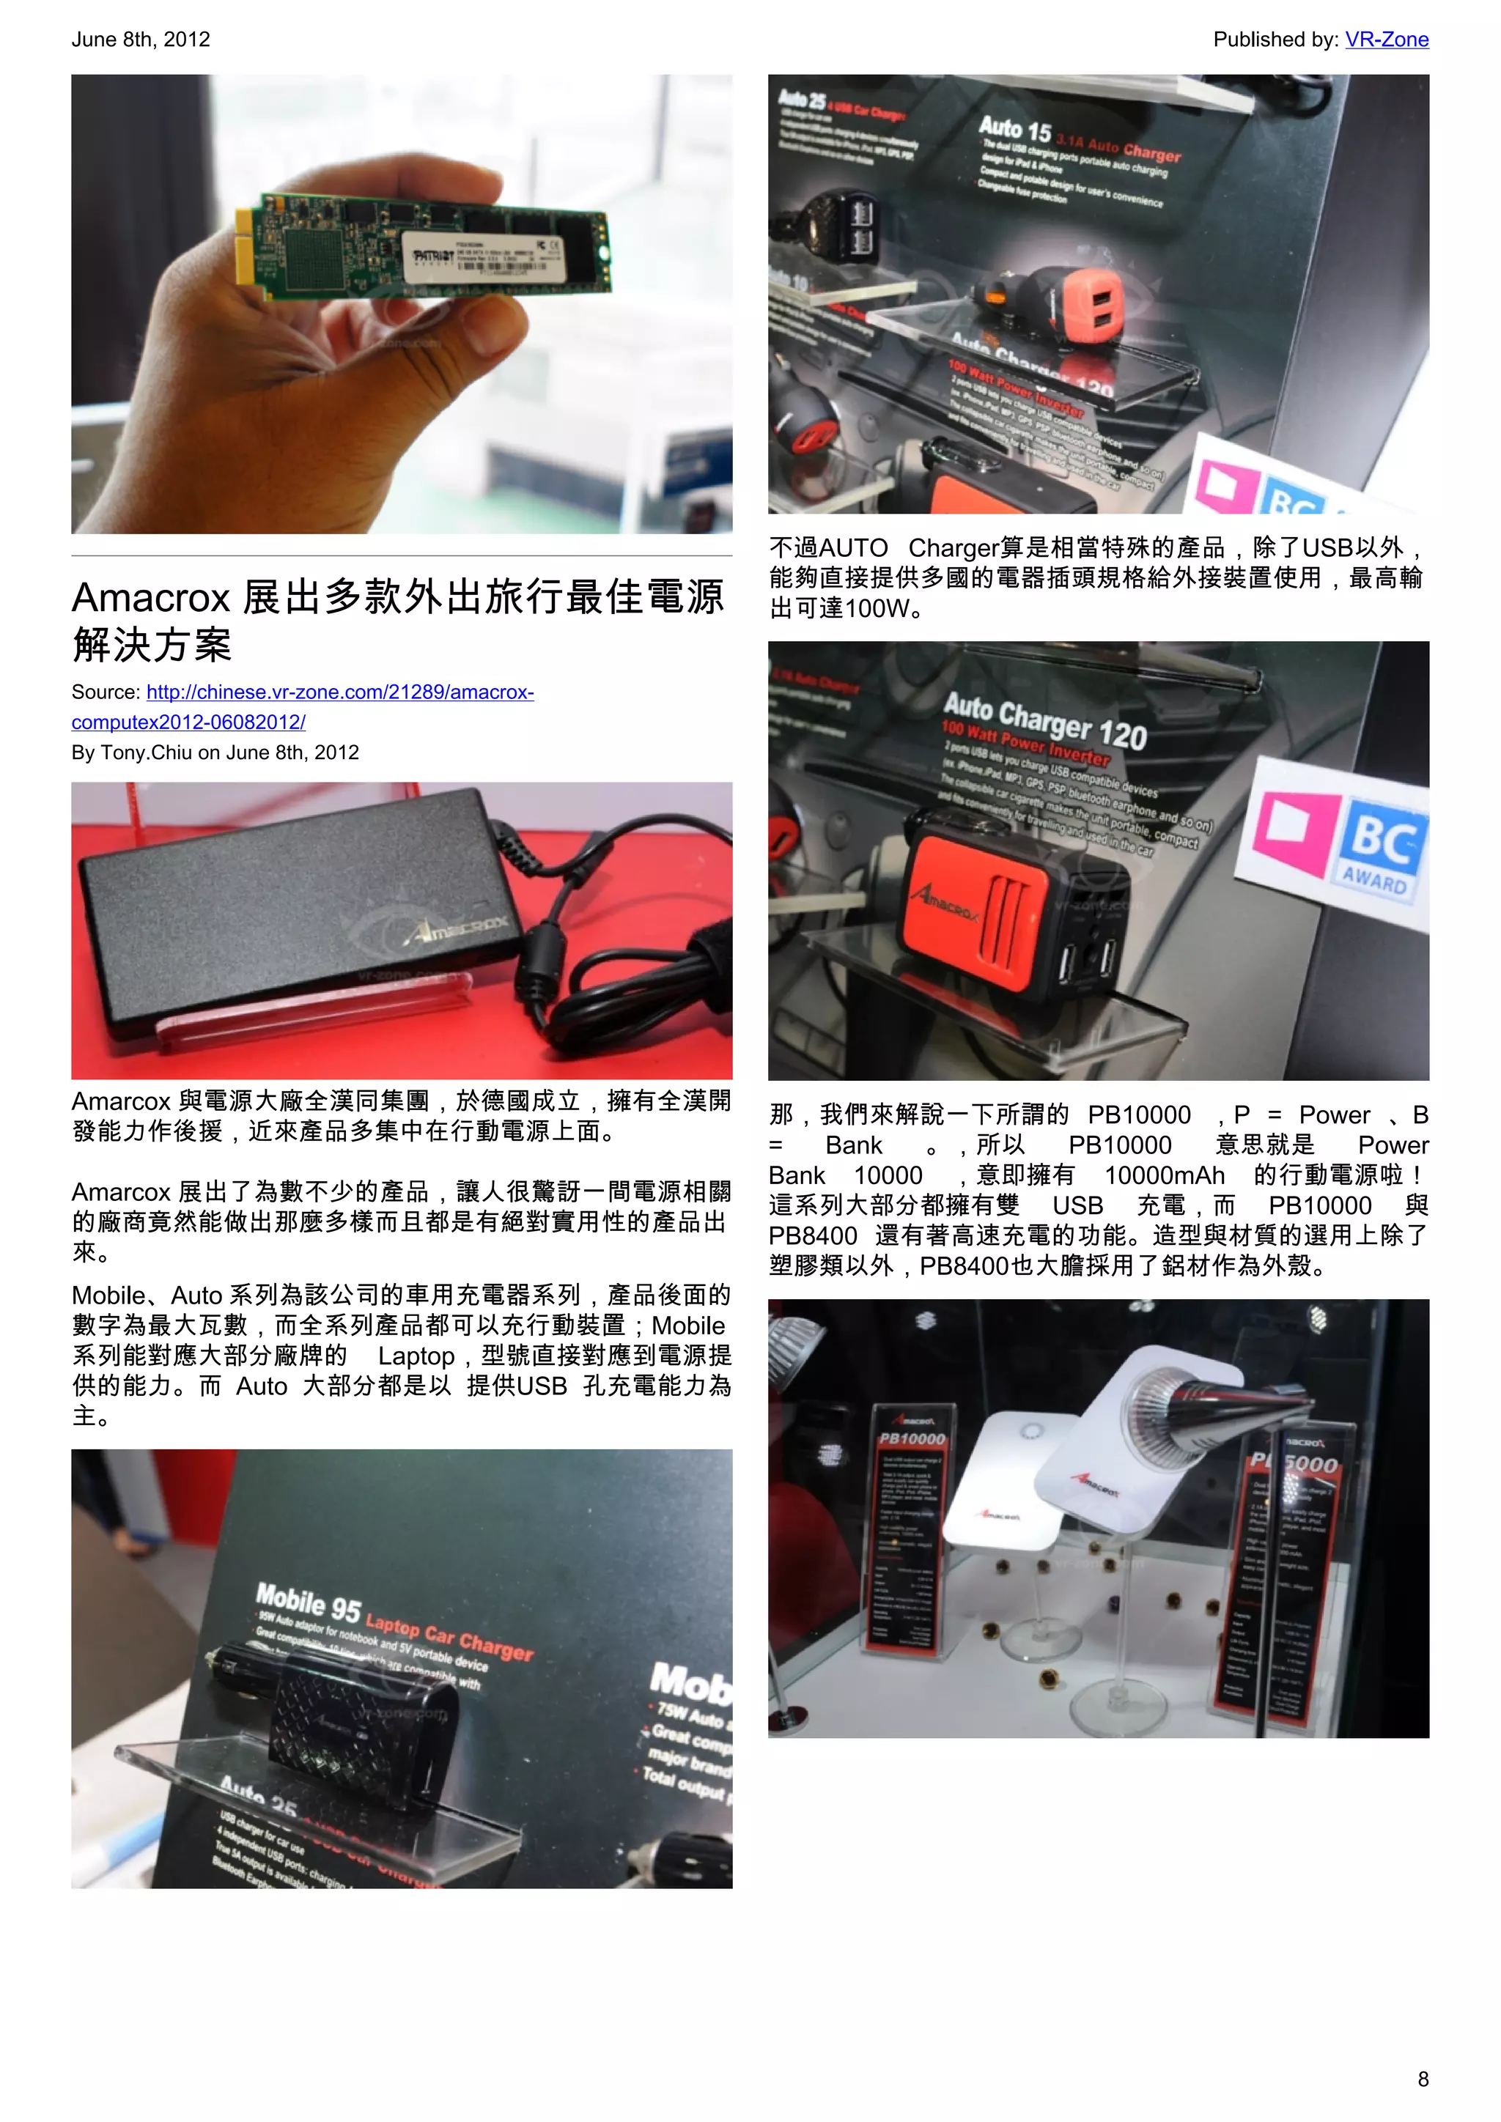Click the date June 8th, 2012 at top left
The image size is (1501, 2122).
(x=141, y=40)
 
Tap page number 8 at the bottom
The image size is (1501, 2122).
(x=1423, y=2079)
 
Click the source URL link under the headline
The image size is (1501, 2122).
(x=339, y=692)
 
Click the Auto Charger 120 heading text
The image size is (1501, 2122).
(x=1044, y=720)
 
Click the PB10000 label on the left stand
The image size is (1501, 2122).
(x=911, y=1439)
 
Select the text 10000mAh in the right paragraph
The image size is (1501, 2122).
(x=1164, y=1175)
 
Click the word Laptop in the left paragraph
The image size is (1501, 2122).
(x=416, y=1356)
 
